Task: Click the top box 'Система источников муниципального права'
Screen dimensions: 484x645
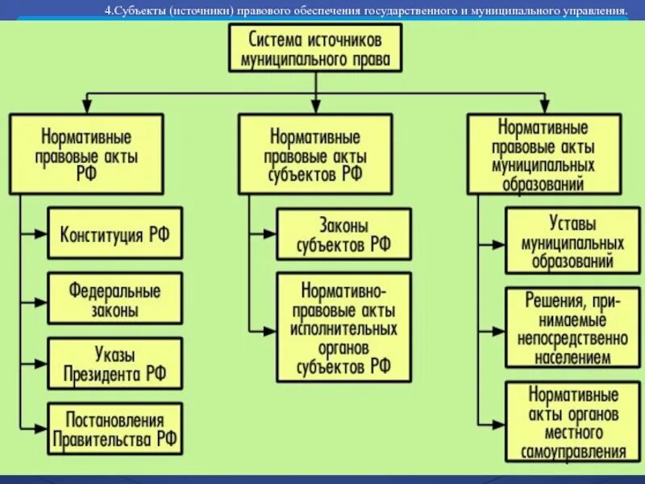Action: pos(315,48)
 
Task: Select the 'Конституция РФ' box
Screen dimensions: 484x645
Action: pos(114,233)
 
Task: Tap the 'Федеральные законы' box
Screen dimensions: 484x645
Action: pos(114,298)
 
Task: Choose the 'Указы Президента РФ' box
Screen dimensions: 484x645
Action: pos(114,363)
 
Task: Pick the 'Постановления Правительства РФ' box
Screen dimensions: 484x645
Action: pos(114,429)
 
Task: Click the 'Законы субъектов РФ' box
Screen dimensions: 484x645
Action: pos(343,234)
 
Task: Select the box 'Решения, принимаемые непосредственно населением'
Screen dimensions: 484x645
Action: pos(573,329)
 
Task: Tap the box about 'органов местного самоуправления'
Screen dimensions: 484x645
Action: pos(573,423)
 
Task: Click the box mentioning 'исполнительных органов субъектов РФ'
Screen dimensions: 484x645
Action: pos(343,328)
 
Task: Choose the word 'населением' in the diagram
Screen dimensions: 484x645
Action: pos(573,357)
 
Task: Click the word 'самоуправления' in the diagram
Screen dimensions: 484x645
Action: pos(573,452)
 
